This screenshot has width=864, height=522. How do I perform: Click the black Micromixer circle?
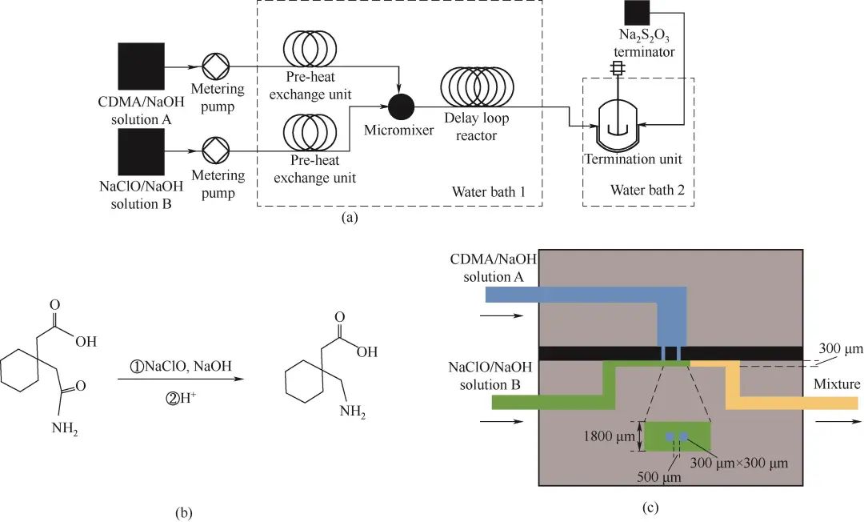pyautogui.click(x=399, y=106)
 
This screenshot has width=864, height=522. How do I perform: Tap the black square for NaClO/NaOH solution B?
pyautogui.click(x=142, y=151)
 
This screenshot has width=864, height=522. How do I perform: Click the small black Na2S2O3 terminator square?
pyautogui.click(x=637, y=13)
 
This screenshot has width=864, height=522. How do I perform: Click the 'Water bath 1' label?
pyautogui.click(x=487, y=191)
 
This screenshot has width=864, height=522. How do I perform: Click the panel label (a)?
pyautogui.click(x=350, y=217)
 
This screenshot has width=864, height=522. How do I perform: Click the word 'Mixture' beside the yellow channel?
pyautogui.click(x=837, y=384)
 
